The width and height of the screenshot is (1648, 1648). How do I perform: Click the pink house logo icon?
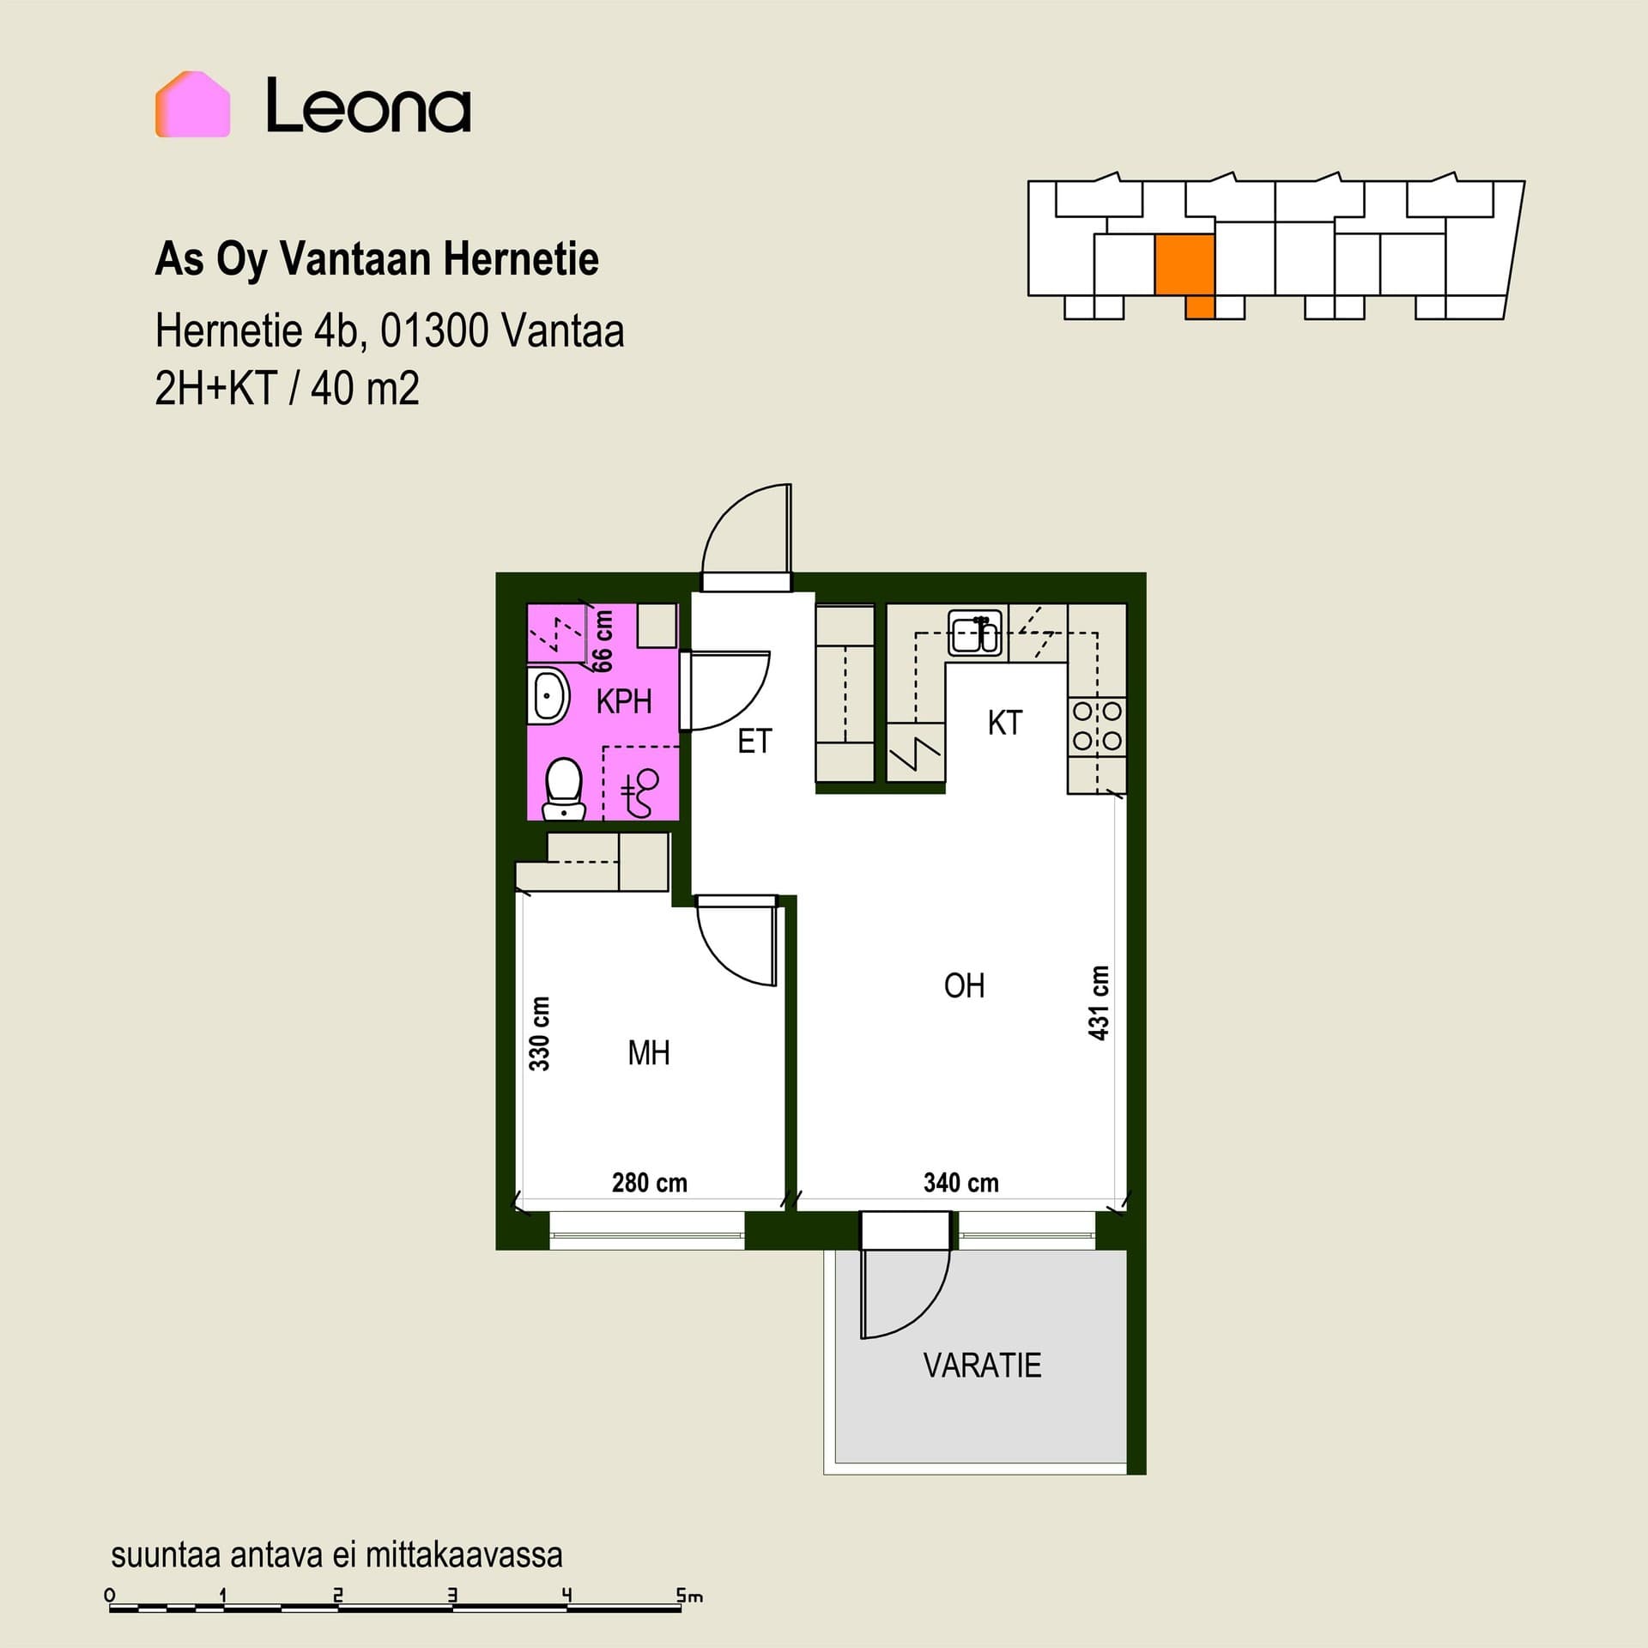tap(192, 105)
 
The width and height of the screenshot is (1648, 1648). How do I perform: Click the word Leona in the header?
tap(368, 106)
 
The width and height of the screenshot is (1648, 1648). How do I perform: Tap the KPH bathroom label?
tap(624, 702)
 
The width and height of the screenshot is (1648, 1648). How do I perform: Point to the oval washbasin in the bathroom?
tap(548, 696)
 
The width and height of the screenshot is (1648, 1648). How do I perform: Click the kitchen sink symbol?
tap(976, 633)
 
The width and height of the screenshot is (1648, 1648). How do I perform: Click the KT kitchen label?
tap(1005, 723)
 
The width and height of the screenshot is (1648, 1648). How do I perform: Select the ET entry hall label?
tap(755, 742)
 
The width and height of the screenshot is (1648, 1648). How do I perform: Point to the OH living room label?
tap(964, 986)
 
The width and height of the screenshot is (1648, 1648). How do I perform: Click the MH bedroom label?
tap(649, 1053)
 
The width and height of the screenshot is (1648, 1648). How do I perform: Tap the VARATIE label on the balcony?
tap(983, 1365)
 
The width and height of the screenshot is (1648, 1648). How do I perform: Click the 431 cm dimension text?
tap(1100, 1003)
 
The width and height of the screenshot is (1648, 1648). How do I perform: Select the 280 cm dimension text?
tap(650, 1183)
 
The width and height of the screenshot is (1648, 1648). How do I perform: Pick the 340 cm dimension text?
tap(961, 1183)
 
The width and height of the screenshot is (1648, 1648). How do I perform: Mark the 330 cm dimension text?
tap(539, 1033)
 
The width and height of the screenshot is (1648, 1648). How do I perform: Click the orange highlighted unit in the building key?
tap(1185, 266)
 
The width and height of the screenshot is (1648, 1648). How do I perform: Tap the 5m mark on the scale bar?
tap(688, 1596)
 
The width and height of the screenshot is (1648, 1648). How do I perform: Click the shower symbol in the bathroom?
tap(639, 792)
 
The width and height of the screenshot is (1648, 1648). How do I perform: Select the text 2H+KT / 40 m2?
tap(288, 389)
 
